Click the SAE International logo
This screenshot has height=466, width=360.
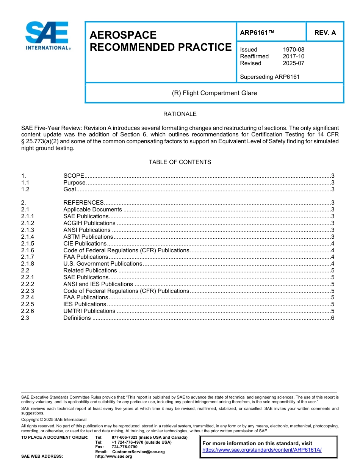tap(47, 36)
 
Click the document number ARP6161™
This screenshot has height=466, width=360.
tap(257, 33)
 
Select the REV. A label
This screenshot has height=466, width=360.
tap(325, 33)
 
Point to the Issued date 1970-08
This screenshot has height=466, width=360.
tap(293, 50)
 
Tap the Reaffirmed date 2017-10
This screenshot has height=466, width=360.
tap(293, 56)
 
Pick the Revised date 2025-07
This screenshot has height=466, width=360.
tap(293, 63)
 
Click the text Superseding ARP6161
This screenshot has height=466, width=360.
tap(270, 77)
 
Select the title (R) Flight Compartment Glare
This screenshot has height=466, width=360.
tap(214, 93)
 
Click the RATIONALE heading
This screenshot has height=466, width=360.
tap(180, 114)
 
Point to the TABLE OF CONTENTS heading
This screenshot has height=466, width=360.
tap(180, 162)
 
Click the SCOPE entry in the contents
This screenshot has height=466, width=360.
tap(74, 176)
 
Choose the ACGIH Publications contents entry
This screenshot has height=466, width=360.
tap(87, 223)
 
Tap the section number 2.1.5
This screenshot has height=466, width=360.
tap(28, 244)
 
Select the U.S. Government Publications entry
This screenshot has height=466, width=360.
tap(102, 264)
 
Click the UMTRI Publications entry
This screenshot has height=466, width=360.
tap(89, 311)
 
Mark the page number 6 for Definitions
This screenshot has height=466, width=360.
tap(332, 318)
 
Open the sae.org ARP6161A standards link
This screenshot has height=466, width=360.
tap(262, 450)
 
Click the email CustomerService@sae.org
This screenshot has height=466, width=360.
tap(138, 452)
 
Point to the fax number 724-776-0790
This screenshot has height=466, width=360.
tap(124, 447)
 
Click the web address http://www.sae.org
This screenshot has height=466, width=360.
tap(114, 457)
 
